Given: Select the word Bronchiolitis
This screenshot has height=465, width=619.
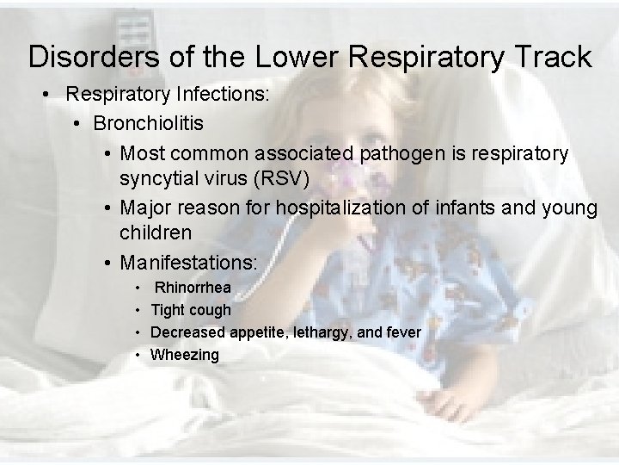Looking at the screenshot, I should (149, 123).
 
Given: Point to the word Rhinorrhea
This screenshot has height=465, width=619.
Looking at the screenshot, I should (193, 288).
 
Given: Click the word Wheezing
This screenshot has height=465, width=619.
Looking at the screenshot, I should (185, 355).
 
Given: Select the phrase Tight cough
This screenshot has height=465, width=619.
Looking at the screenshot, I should (191, 310).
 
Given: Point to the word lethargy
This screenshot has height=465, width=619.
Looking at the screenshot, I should (312, 332).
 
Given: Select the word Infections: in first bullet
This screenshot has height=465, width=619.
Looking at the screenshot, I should (228, 92).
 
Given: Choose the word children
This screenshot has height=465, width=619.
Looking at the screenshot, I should (156, 232).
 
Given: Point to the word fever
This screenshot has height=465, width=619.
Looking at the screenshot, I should (401, 332).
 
